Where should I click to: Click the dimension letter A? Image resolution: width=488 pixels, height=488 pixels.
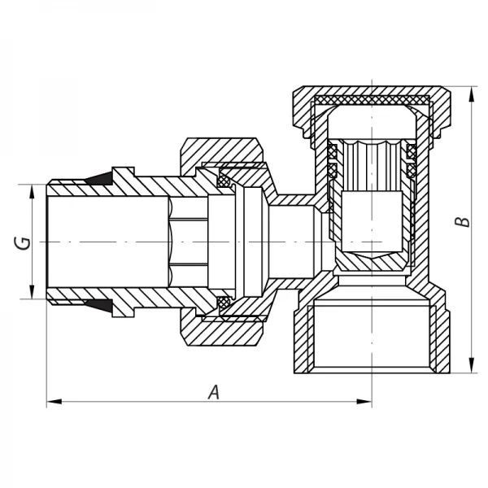point(214,391)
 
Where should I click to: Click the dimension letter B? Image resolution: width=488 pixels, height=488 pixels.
point(462,222)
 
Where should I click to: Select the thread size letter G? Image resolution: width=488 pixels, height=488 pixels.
point(24,242)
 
